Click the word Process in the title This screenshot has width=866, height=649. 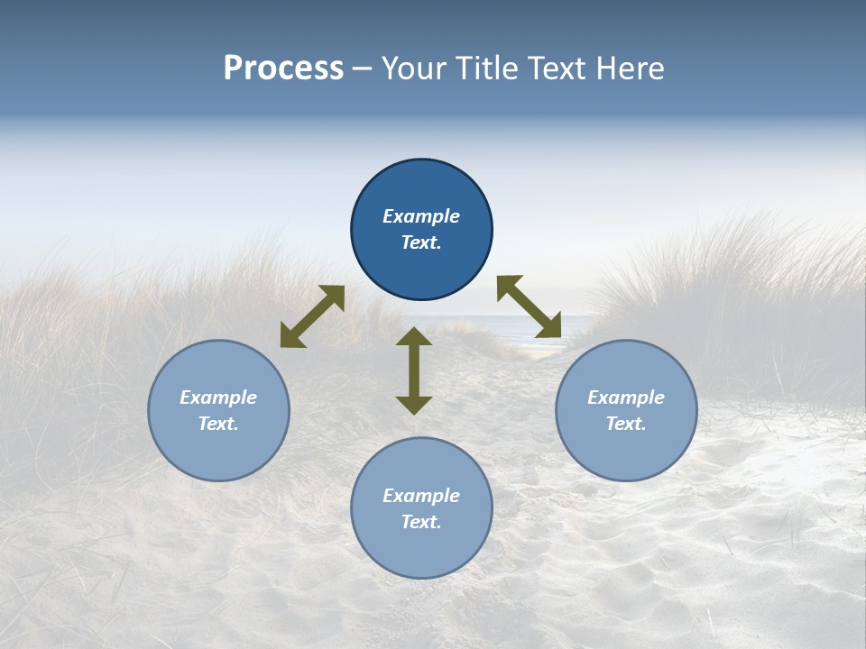click(283, 69)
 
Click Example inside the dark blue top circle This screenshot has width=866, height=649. click(421, 216)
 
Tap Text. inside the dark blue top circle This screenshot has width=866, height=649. click(421, 242)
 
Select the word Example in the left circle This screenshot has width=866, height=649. click(218, 398)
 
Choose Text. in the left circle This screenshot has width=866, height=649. click(218, 424)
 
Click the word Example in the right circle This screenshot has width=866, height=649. click(626, 398)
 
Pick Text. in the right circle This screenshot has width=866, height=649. click(626, 424)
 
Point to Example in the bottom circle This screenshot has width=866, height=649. click(421, 496)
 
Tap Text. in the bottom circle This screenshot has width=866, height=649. click(421, 522)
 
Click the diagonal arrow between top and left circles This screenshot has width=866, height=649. click(312, 316)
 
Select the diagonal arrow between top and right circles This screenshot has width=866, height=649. click(529, 307)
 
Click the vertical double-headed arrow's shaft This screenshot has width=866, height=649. click(414, 370)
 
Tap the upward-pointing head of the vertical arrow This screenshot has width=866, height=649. click(414, 336)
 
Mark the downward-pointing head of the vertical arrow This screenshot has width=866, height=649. click(414, 405)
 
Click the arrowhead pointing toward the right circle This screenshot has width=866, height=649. click(549, 327)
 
